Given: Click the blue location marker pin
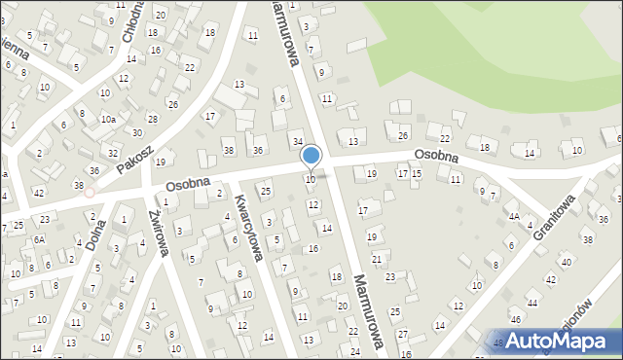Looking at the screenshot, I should pyautogui.click(x=311, y=155).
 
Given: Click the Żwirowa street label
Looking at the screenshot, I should pyautogui.click(x=158, y=234).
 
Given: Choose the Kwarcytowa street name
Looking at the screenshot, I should pyautogui.click(x=249, y=228).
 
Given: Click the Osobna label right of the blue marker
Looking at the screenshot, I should pyautogui.click(x=435, y=156).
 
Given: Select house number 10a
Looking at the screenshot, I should pyautogui.click(x=109, y=119).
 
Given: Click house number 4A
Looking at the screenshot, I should pyautogui.click(x=513, y=217).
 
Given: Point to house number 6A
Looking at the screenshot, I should pyautogui.click(x=40, y=238).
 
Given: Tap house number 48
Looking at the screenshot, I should pyautogui.click(x=498, y=342).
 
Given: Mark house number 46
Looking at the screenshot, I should pyautogui.click(x=516, y=318).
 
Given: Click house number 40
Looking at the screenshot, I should pyautogui.click(x=566, y=263).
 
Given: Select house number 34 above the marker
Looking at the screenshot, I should pyautogui.click(x=298, y=142).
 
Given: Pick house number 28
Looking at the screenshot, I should pyautogui.click(x=151, y=118).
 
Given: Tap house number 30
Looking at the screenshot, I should pyautogui.click(x=137, y=133).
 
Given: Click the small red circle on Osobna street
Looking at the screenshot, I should pyautogui.click(x=90, y=192).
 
